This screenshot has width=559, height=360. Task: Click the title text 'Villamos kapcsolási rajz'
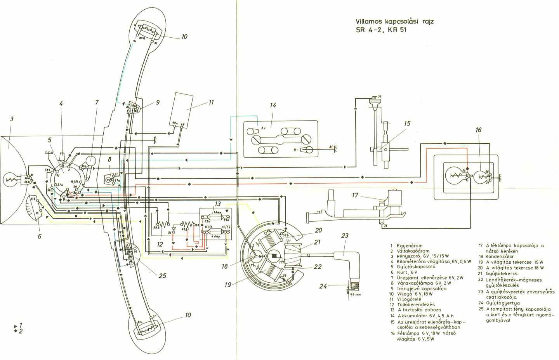(x=395, y=21)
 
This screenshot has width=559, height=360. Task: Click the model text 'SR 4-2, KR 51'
(x=382, y=30)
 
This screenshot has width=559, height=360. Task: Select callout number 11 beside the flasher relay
(x=211, y=103)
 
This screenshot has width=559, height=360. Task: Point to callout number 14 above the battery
(x=273, y=105)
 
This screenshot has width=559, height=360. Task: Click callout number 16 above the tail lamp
(x=478, y=130)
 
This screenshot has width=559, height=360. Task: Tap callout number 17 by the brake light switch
(x=356, y=196)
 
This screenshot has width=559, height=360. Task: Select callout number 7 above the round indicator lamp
(x=97, y=103)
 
